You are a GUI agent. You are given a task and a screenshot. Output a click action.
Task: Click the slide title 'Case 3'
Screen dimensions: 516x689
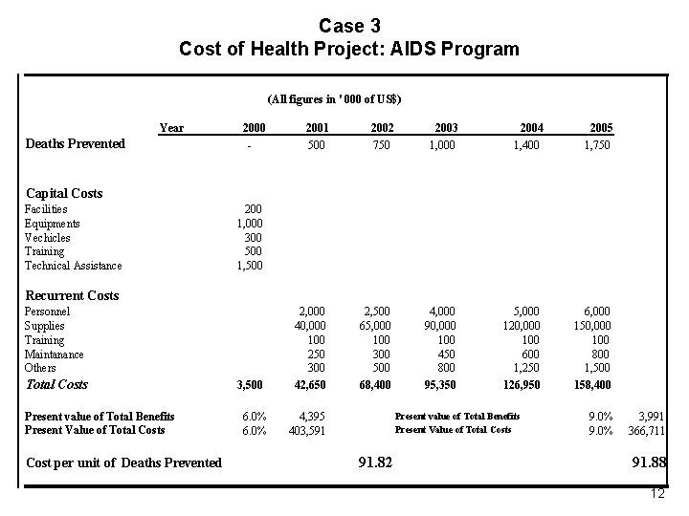(349, 25)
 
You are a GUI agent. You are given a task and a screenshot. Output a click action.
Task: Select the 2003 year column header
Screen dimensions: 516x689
(445, 128)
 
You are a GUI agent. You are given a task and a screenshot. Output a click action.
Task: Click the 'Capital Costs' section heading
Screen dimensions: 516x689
(65, 194)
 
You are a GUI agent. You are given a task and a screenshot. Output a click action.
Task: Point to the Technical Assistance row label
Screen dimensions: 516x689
(73, 266)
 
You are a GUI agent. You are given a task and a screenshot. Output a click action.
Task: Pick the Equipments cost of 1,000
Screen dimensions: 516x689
(251, 224)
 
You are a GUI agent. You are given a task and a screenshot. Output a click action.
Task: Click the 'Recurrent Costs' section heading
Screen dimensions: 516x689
(72, 295)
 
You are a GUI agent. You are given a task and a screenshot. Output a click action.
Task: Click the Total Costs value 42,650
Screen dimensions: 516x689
(306, 385)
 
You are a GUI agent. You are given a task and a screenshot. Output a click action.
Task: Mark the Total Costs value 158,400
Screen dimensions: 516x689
(590, 385)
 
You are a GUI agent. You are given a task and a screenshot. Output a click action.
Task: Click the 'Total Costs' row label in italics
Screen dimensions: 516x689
(56, 385)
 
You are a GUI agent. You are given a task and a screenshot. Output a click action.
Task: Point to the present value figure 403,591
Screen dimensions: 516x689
(306, 430)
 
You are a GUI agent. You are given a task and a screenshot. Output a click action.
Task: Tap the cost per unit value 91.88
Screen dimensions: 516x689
(648, 462)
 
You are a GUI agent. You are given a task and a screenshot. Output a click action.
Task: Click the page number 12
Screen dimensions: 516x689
(656, 494)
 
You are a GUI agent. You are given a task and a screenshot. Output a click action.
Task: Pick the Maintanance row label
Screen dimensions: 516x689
(54, 355)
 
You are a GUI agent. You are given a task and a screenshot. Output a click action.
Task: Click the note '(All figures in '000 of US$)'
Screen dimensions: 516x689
(335, 99)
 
